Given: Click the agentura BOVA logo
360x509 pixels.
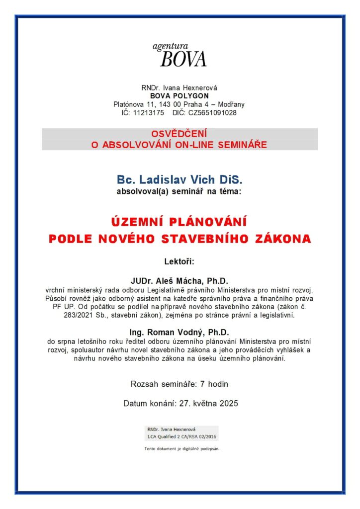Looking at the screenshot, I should coord(180,55).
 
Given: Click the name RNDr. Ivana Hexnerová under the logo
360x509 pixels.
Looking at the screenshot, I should coord(180,88).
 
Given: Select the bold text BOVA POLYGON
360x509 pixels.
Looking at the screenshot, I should coord(180,96).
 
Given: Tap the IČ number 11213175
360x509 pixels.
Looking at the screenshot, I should coord(150,113).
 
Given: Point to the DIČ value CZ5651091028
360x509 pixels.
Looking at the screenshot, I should coord(213,113).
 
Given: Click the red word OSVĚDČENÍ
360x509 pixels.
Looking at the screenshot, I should coord(180,134).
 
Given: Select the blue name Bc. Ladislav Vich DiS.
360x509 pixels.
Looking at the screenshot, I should coord(180,179).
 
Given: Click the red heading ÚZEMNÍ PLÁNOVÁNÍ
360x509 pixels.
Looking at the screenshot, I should coord(180,221).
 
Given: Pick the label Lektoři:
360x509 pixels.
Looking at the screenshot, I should coord(180,261).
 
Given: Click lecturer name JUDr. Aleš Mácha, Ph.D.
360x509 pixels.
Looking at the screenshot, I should coord(180,281).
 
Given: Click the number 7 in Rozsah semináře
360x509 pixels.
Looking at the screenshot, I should coord(202,384).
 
